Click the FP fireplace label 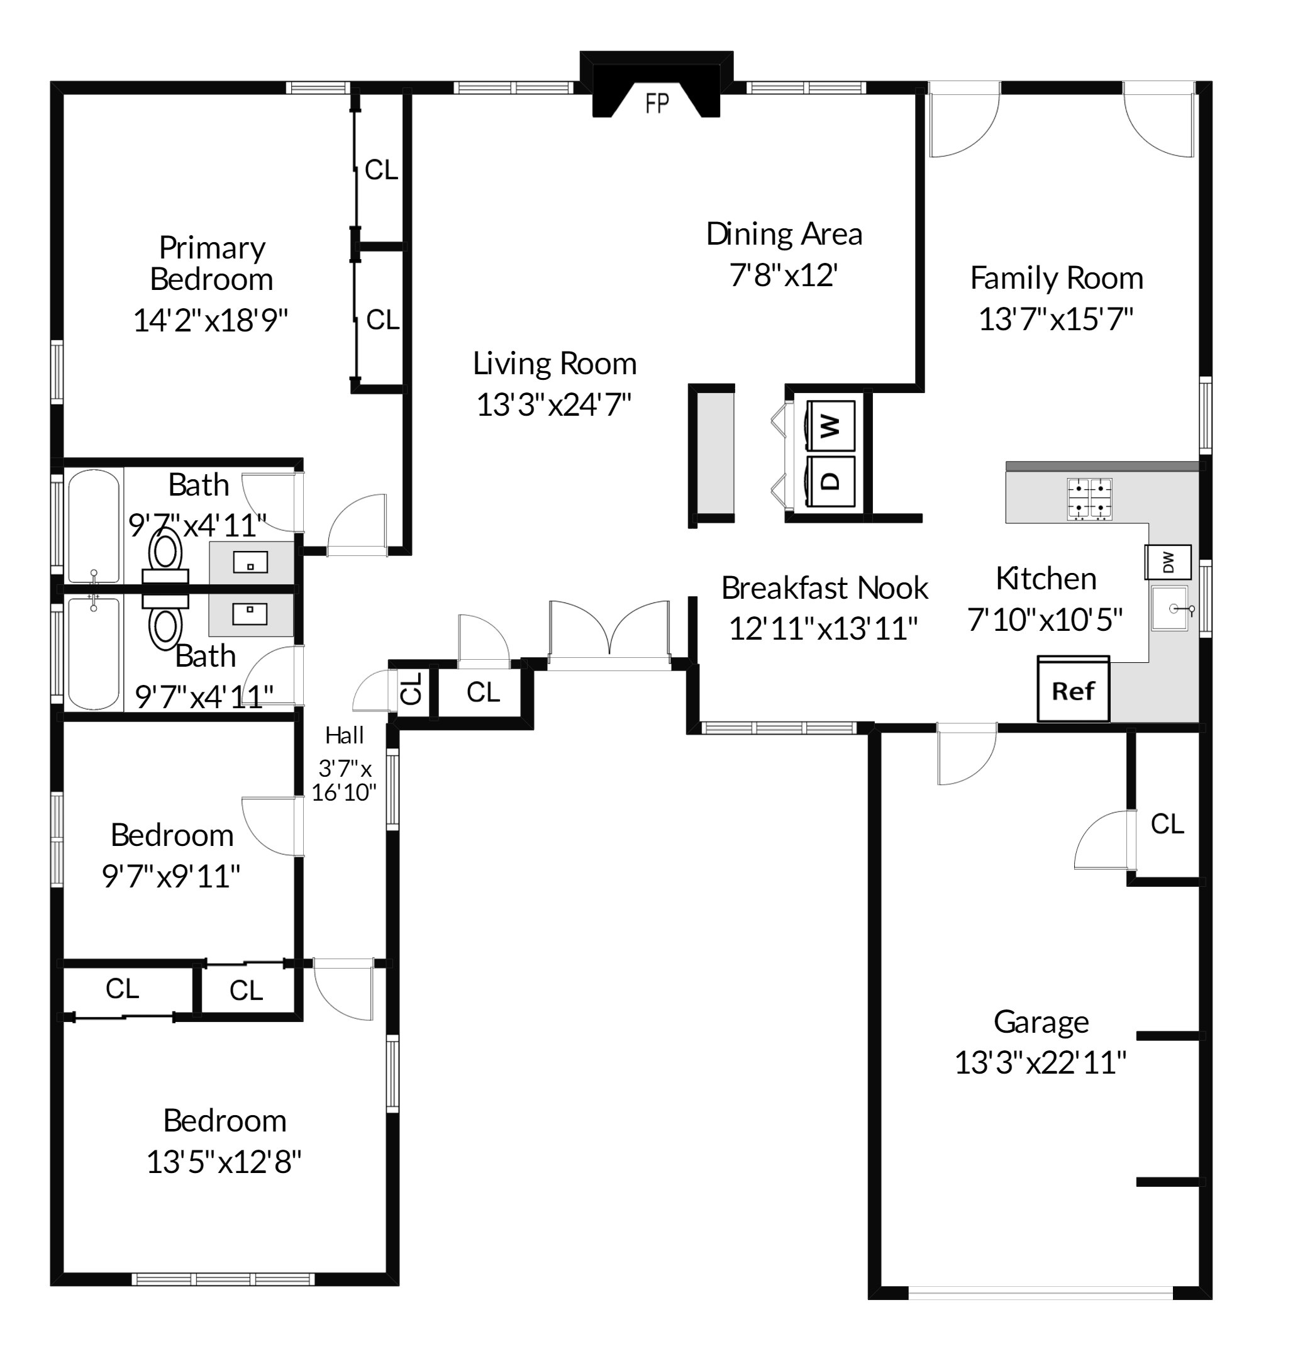(x=657, y=103)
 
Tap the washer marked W (x=832, y=425)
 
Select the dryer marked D (x=832, y=481)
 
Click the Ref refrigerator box (x=1073, y=690)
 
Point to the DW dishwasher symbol (x=1168, y=562)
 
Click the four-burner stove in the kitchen (x=1089, y=498)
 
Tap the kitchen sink (x=1170, y=609)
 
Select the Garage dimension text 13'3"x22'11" (x=1040, y=1063)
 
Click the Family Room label (x=1056, y=278)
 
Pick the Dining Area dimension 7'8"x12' (x=783, y=275)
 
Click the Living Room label (x=554, y=364)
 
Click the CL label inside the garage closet (x=1167, y=824)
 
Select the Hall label (x=344, y=735)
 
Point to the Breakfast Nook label (x=825, y=588)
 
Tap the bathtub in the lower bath (x=94, y=653)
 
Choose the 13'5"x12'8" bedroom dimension (x=223, y=1162)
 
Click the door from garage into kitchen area (x=967, y=753)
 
